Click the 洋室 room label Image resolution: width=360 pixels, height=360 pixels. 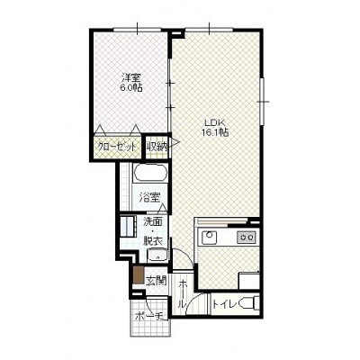point(130,78)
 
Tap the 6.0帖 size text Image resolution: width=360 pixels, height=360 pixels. point(130,88)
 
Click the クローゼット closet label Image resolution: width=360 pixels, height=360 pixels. point(116,147)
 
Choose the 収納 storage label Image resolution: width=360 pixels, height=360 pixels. point(157,146)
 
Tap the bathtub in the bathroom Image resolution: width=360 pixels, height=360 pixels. point(149,173)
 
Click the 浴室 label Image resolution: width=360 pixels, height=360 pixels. point(149,198)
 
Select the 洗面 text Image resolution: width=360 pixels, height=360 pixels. point(153,221)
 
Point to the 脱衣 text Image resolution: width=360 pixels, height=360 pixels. point(153,241)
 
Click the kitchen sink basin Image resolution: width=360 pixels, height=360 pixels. point(210,238)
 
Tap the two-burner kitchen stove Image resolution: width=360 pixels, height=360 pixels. point(247,238)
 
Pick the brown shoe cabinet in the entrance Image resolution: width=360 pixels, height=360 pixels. point(139,274)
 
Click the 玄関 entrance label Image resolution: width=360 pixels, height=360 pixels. point(156,281)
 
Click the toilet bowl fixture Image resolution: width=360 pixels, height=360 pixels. point(249,303)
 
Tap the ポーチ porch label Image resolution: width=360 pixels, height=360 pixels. point(149,316)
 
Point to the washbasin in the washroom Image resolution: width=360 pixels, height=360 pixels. point(157,256)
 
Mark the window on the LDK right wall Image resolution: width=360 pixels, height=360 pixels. point(262,102)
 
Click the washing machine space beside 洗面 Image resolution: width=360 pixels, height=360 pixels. point(128,226)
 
